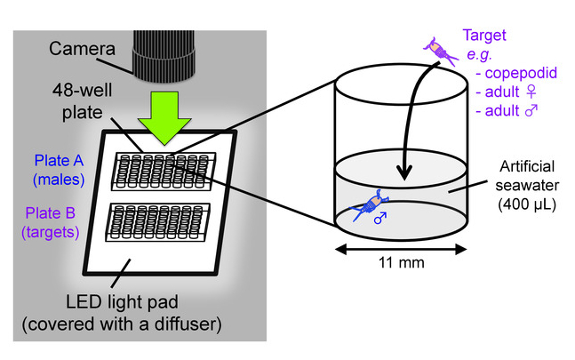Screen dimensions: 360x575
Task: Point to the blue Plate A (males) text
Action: (x=60, y=169)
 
